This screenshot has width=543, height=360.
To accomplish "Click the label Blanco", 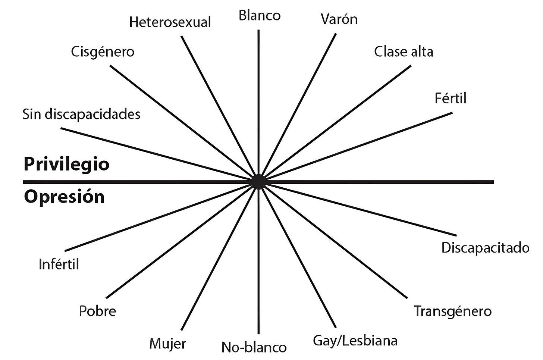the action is (x=260, y=16).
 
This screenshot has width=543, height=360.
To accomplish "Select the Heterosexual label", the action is (x=170, y=22).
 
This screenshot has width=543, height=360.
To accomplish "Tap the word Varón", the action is (x=339, y=19).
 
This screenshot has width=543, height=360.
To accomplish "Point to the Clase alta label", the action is (x=404, y=51).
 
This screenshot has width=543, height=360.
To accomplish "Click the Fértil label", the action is (x=451, y=98).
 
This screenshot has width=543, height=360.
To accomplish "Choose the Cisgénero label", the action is (x=103, y=51).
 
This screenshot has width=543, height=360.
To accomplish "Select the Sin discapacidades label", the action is (x=81, y=114).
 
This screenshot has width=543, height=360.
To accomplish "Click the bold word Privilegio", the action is (x=66, y=164).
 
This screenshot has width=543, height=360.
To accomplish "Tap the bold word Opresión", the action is (x=64, y=197).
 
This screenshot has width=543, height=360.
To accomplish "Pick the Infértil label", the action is (x=59, y=264).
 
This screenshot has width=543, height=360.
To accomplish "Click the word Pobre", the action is (x=97, y=311).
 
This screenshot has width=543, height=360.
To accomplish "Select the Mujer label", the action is (x=167, y=343).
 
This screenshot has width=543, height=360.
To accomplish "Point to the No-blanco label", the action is (x=254, y=347).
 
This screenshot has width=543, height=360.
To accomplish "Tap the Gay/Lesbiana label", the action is (x=355, y=341).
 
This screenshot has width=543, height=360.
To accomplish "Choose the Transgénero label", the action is (x=453, y=311).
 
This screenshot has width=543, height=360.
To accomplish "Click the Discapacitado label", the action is (x=485, y=248).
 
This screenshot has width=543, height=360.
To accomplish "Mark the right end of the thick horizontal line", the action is (x=493, y=182).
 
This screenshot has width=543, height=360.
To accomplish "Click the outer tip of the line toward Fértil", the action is (x=451, y=113).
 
